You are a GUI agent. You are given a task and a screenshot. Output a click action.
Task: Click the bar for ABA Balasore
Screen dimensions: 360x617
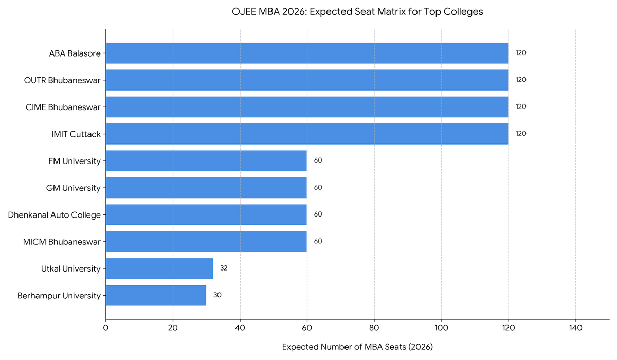point(307,53)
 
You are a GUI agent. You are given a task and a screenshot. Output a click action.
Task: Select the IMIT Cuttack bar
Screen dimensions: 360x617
point(307,134)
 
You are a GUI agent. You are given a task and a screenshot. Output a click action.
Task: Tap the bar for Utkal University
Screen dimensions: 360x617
point(159,268)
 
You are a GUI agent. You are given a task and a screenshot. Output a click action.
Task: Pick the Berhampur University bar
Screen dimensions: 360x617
point(156,295)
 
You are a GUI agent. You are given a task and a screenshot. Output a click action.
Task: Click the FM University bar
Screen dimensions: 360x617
point(206,160)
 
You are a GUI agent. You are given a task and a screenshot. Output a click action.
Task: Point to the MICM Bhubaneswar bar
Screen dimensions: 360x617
point(206,241)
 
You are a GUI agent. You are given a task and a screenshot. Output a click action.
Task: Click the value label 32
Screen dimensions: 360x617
point(224,268)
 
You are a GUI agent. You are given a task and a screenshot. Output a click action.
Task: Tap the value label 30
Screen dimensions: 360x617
point(217,295)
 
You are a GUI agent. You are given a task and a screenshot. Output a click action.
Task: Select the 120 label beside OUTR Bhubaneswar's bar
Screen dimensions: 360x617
point(521,80)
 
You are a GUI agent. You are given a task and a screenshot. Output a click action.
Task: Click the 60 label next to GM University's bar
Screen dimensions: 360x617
point(318,188)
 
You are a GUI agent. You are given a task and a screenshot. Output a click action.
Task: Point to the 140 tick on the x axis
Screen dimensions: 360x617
point(575,327)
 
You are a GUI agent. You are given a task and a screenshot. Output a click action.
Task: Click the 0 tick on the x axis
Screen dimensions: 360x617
point(106,327)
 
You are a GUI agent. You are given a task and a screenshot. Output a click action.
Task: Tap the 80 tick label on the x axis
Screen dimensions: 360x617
point(374,327)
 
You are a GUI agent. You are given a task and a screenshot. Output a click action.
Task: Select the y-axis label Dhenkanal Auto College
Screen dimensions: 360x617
point(55,214)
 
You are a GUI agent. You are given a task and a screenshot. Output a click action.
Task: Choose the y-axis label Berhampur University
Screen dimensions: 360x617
point(59,295)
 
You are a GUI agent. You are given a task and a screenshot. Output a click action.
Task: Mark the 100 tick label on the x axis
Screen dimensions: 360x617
point(441,327)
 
